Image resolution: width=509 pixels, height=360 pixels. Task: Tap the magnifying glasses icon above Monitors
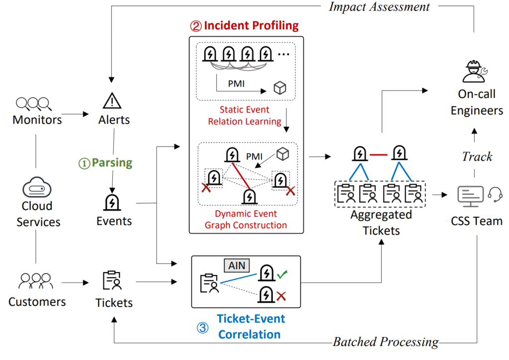coord(34,103)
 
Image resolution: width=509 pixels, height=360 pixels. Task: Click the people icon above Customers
coord(35,281)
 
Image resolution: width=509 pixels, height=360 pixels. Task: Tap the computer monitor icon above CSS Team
coord(470,195)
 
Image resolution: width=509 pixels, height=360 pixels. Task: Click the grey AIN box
coord(237,266)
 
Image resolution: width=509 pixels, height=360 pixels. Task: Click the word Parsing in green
coord(112,163)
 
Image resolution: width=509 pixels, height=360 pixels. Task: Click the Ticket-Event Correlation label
coord(251,326)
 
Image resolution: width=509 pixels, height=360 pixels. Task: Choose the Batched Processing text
coord(386,342)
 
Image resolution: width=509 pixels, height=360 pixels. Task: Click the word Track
coord(477,156)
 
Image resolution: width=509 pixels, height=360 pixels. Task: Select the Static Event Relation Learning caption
coord(245,115)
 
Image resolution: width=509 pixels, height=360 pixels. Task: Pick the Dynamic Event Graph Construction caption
coord(246,219)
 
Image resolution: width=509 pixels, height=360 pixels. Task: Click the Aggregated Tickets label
coord(381,222)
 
